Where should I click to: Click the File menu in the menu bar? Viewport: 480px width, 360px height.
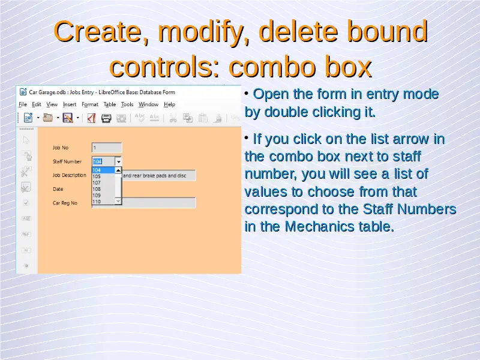[23, 104]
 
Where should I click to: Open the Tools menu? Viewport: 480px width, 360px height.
[127, 104]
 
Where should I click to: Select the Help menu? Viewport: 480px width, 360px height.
[169, 104]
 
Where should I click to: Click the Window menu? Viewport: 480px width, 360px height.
[148, 104]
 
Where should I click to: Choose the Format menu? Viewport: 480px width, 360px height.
[90, 104]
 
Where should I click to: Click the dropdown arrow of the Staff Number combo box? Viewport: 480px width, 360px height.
[118, 161]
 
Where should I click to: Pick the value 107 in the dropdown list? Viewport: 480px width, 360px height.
[97, 183]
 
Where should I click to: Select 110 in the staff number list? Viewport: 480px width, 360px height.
[97, 202]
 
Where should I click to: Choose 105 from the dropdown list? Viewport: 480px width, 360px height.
[97, 176]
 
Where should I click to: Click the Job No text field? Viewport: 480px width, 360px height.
[107, 148]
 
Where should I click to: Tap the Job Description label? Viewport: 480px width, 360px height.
[70, 175]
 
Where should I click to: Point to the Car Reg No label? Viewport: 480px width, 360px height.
[65, 203]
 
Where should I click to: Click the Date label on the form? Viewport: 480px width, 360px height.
[58, 189]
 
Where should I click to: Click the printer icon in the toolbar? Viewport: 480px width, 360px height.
[106, 118]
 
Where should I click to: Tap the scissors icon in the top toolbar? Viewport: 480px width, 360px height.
[173, 118]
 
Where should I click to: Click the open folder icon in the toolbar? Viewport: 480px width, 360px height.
[48, 118]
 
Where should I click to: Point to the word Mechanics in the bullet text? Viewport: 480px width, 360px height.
[320, 227]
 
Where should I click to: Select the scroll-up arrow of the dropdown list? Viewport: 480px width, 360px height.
[118, 170]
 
